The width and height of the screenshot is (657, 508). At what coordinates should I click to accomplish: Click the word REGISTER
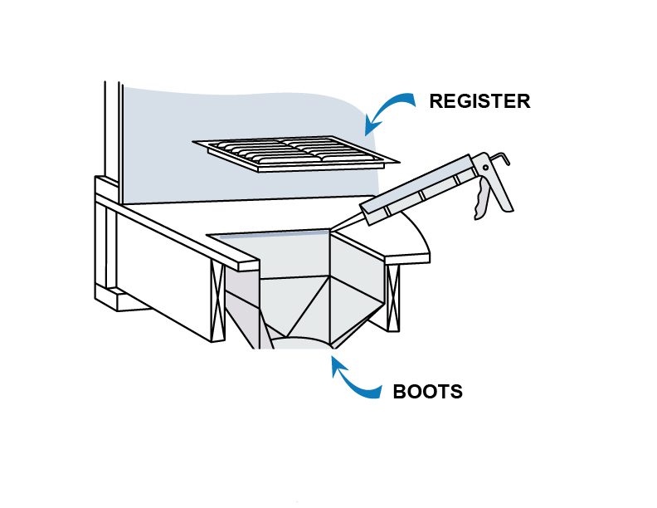point(479,101)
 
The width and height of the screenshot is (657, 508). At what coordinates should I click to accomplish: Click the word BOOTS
point(428,392)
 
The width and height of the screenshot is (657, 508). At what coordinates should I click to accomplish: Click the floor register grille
point(296,153)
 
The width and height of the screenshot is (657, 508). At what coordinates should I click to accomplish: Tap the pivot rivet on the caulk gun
point(485,168)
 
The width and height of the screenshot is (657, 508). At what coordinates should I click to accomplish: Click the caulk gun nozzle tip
point(332,230)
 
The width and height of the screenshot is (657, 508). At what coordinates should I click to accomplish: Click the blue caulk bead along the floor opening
point(275,233)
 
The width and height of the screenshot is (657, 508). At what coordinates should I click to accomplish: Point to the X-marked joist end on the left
point(218,303)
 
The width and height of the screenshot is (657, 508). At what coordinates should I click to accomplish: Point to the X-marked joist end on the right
point(392,297)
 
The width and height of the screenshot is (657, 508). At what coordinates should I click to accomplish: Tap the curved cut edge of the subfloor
point(414,232)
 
